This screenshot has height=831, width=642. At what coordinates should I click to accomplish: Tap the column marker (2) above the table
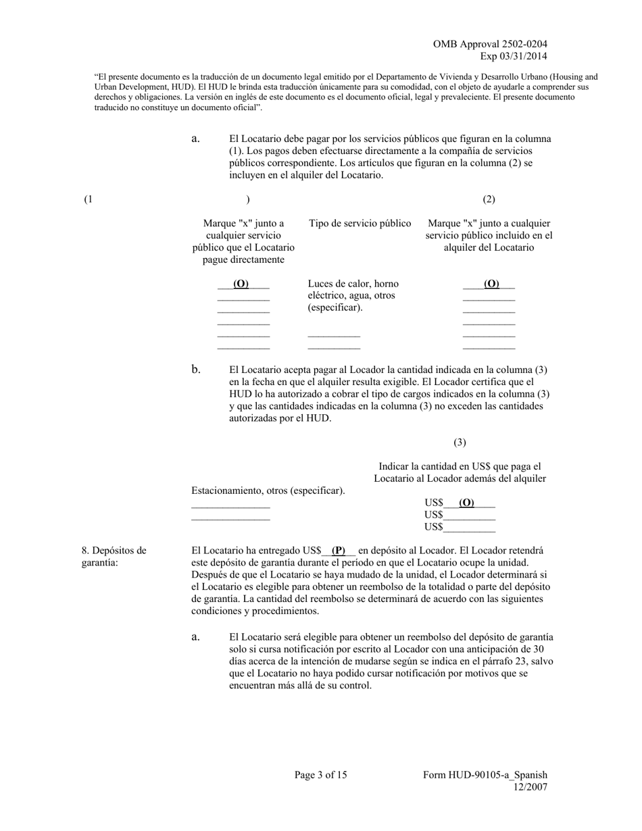(x=489, y=199)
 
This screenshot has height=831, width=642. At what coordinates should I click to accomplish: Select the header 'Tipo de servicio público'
(x=360, y=224)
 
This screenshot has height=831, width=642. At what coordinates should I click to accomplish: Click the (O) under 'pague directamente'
(x=241, y=284)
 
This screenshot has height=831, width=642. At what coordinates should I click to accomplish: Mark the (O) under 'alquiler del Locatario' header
(x=491, y=284)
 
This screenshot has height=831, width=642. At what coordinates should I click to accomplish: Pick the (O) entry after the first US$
(x=466, y=503)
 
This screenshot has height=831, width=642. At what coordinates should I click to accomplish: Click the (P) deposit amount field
(x=339, y=550)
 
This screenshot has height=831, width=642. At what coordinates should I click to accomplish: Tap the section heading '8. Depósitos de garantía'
(x=114, y=556)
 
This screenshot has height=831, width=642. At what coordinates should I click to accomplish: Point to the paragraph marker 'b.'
(x=196, y=370)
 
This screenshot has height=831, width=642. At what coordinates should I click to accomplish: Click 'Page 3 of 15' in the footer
(x=320, y=775)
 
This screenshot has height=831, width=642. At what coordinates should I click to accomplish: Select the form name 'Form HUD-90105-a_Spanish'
(x=485, y=775)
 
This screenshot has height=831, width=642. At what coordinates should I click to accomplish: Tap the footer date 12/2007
(x=530, y=786)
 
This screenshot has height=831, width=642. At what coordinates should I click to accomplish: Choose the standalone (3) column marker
(x=460, y=443)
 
